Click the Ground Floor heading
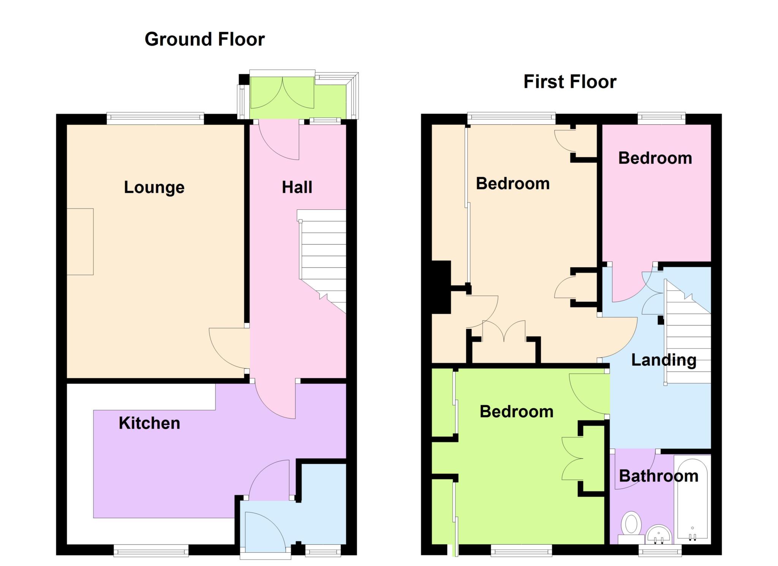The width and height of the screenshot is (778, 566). point(204,39)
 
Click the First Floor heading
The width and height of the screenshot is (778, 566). point(570,82)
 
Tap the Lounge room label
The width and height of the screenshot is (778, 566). point(154,187)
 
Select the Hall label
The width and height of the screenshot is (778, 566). point(297,187)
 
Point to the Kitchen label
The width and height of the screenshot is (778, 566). point(149,423)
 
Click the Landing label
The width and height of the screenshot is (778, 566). point(664,360)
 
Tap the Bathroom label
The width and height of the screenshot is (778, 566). point(659,476)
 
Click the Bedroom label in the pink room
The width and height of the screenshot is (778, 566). point(655,158)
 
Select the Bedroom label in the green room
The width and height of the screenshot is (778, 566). point(516,412)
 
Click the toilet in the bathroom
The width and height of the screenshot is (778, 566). point(631,528)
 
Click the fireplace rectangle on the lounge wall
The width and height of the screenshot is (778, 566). point(80,241)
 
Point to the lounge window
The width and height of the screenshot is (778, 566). point(155,118)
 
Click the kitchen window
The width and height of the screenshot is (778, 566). point(151,550)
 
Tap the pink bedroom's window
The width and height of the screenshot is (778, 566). point(661,118)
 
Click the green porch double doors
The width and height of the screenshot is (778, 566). point(282,93)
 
